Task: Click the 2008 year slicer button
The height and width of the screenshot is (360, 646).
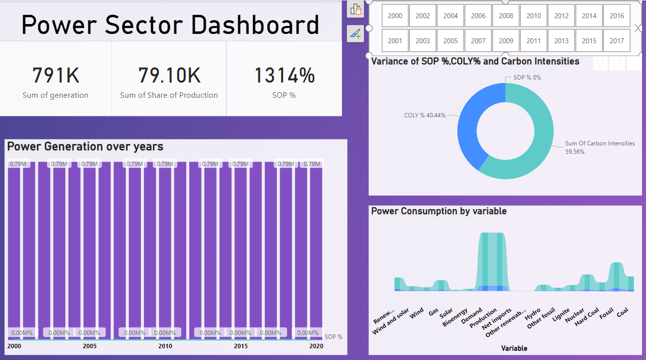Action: pos(506,16)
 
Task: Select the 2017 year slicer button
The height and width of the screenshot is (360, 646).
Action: pos(617,41)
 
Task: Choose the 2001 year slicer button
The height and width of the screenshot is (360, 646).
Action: pos(395,41)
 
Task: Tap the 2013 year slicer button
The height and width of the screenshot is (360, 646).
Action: pos(561,41)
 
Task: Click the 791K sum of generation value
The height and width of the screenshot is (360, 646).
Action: pos(56,76)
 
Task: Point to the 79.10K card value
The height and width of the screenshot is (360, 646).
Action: pos(169,76)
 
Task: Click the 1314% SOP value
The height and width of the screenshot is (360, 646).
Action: pos(284,76)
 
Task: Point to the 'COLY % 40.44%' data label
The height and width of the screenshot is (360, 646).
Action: pos(424,115)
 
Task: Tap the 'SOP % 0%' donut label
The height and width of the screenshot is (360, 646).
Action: pos(527,78)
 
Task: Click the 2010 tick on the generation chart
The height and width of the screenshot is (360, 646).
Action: pos(165,346)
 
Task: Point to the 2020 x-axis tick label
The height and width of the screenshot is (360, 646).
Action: pos(316,346)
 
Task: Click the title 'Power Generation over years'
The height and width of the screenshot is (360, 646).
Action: pos(85,146)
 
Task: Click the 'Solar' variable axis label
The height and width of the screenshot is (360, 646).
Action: pos(446,313)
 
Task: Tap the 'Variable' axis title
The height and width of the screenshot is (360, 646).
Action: pos(514,348)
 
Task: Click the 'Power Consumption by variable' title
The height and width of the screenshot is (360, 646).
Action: pos(439,211)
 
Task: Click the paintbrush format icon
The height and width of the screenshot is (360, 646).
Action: pos(355,33)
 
